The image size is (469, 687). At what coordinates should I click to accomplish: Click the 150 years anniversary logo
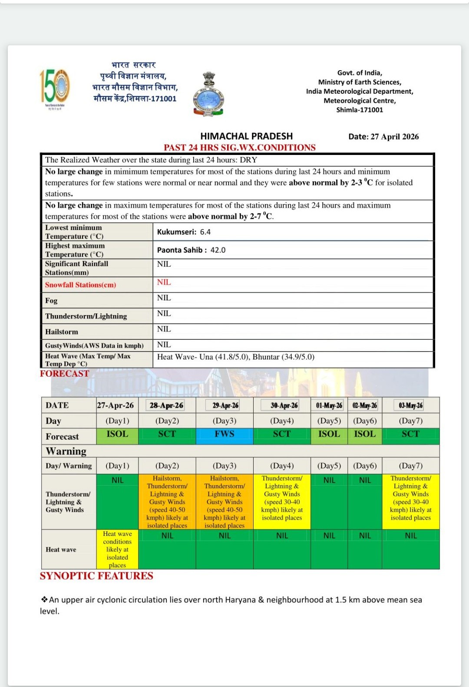55,89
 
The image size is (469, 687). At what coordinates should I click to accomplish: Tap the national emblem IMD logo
209,94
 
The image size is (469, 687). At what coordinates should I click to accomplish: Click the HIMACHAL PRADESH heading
246,136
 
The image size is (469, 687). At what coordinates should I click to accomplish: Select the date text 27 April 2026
383,137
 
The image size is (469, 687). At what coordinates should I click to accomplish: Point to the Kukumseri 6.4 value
184,232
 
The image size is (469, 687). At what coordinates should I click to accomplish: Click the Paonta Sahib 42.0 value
191,250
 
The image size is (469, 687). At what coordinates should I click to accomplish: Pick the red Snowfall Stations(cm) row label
80,285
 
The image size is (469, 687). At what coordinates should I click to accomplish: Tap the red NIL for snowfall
164,283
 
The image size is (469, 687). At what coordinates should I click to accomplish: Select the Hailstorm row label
62,332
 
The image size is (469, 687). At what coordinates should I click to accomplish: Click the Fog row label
51,301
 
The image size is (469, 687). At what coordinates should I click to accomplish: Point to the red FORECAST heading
64,374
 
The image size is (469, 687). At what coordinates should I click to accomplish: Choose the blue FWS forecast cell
225,434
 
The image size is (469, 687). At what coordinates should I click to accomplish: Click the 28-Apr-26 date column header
166,405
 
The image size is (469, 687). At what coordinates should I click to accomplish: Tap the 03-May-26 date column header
410,405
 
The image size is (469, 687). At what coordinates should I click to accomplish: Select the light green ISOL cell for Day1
117,434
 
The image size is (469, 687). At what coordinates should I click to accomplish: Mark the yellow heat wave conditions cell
117,549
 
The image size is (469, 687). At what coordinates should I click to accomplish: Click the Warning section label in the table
66,451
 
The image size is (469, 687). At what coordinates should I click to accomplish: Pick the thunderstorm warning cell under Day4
282,498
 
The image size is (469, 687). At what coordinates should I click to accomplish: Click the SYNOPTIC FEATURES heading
96,576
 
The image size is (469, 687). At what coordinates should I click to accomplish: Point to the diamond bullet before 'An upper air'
44,600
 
